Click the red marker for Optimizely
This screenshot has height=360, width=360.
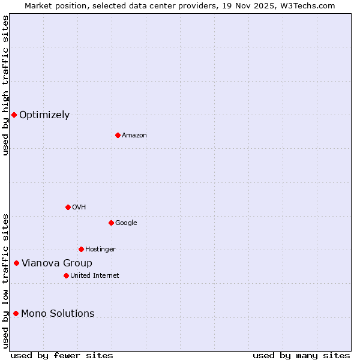coord(14,115)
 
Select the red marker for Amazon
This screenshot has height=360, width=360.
coord(118,135)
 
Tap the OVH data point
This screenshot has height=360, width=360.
coord(68,207)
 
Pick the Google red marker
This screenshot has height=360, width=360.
coord(111,223)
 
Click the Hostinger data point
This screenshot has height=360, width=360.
coord(81,249)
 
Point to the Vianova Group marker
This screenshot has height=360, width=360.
coord(16,263)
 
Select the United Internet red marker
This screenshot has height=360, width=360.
coord(66,275)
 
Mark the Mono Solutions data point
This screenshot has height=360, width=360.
coord(16,313)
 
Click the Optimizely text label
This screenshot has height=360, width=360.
coord(44,115)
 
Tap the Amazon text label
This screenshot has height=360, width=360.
coord(134,136)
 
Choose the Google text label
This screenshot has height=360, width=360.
coord(126,223)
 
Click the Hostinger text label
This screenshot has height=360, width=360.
coord(100,250)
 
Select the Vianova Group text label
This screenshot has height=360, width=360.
coord(57,263)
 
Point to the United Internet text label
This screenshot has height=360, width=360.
coord(94,276)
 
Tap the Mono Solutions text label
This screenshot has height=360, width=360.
coord(58,314)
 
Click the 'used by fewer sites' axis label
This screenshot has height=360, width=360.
coord(62,356)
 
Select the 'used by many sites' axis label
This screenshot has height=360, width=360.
coord(301,356)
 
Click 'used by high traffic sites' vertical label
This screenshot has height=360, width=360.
coord(5,85)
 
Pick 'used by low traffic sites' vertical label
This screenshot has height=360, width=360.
coord(5,281)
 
